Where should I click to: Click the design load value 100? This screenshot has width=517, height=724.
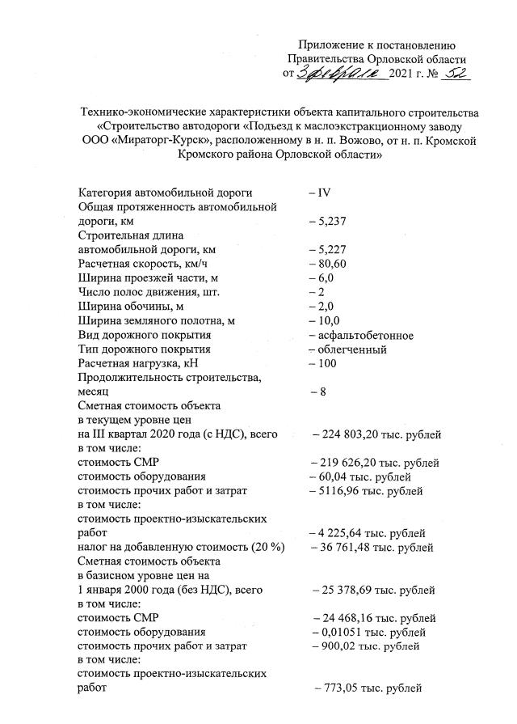(326, 363)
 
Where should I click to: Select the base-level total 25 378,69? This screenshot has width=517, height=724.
(351, 590)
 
